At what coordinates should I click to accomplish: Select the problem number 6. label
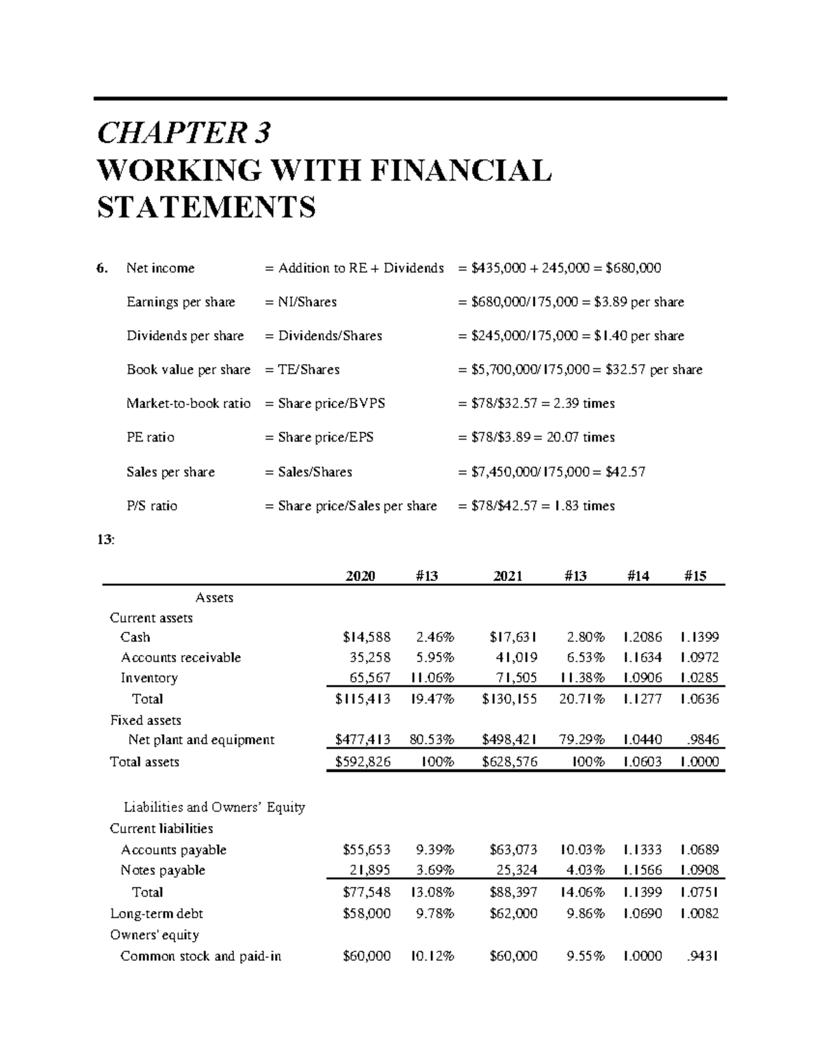[x=102, y=268]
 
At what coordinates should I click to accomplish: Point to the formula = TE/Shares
[x=302, y=370]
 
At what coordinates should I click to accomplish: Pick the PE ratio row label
[x=151, y=437]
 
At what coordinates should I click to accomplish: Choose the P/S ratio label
[x=152, y=506]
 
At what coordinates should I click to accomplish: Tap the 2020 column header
[x=360, y=576]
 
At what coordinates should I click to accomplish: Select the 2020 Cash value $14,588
[x=367, y=637]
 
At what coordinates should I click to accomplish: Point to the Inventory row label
[x=149, y=678]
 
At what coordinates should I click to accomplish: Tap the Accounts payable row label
[x=174, y=850]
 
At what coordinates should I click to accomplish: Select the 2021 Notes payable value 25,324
[x=517, y=871]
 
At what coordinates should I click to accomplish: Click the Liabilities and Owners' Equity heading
[x=214, y=807]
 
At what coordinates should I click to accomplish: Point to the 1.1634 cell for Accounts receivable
[x=642, y=658]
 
